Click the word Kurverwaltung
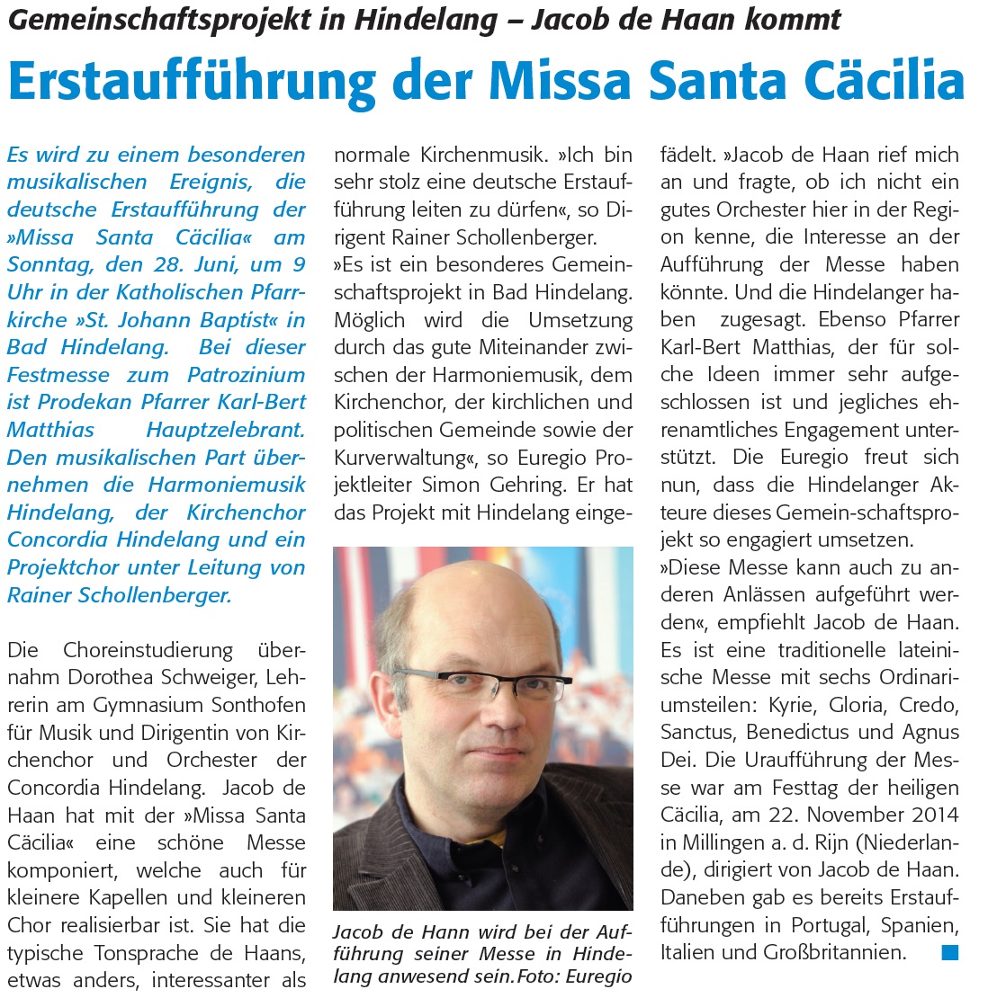pyautogui.click(x=401, y=458)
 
